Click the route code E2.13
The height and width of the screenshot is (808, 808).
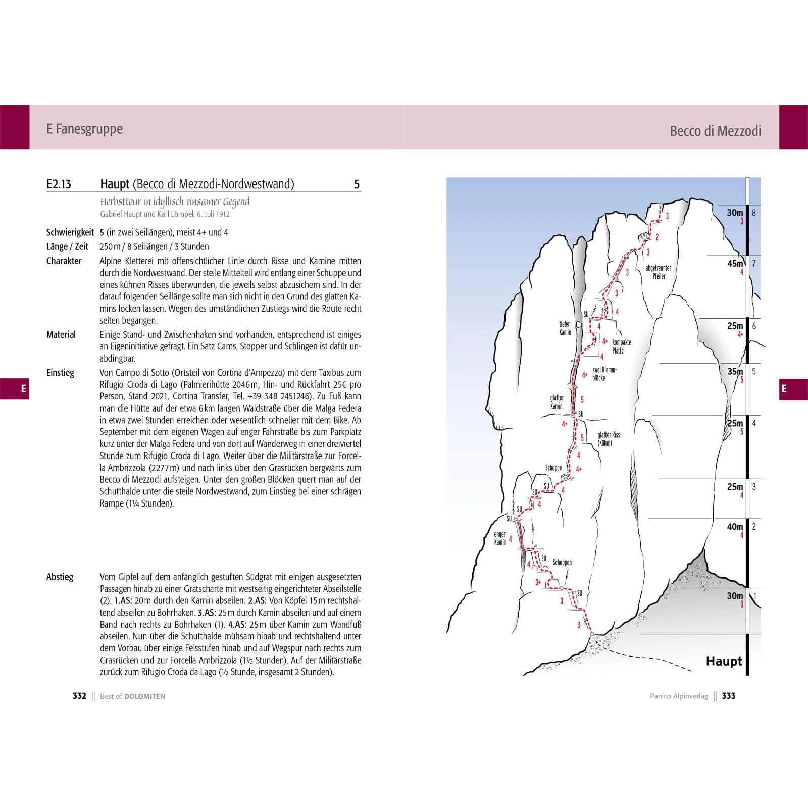(59, 184)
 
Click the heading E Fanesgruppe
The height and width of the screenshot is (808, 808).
(84, 129)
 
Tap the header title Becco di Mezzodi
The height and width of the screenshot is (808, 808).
(715, 131)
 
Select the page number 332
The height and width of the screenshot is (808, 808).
(79, 696)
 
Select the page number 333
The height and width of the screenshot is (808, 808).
(728, 696)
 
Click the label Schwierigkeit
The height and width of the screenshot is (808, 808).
(70, 232)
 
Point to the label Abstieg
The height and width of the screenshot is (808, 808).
(60, 577)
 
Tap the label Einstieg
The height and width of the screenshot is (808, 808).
(60, 373)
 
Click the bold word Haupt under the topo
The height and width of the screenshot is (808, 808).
(724, 661)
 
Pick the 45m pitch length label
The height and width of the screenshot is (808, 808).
(735, 264)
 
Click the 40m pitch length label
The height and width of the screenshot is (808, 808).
(735, 527)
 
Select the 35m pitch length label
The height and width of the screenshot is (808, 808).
(735, 371)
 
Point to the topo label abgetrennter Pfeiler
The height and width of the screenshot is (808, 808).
(659, 272)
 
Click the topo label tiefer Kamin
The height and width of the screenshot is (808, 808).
(565, 328)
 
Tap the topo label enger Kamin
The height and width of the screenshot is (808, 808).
(500, 538)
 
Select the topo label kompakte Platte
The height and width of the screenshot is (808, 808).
(621, 346)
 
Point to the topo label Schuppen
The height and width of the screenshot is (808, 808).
(562, 562)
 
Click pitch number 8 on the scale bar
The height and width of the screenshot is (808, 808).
(754, 213)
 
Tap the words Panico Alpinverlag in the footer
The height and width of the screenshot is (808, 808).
(679, 696)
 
